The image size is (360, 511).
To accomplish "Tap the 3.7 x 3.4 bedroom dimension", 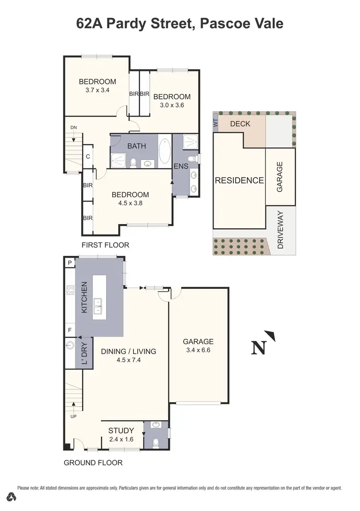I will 97,90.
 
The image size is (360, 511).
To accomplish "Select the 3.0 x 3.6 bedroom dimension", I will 172,105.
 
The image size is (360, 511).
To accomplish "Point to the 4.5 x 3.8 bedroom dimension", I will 130,203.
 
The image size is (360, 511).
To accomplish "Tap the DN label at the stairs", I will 73,127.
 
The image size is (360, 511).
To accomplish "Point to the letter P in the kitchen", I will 70,262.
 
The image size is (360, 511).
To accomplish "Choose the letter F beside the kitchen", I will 70,330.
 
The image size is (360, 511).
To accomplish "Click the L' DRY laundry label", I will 84,353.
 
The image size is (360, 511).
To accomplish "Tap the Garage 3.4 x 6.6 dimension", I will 198,350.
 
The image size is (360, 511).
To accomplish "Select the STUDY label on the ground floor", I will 120,430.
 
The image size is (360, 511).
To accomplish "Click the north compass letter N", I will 259,347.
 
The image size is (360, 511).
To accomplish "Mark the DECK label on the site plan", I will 240,124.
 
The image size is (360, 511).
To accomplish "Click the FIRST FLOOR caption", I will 105,245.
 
